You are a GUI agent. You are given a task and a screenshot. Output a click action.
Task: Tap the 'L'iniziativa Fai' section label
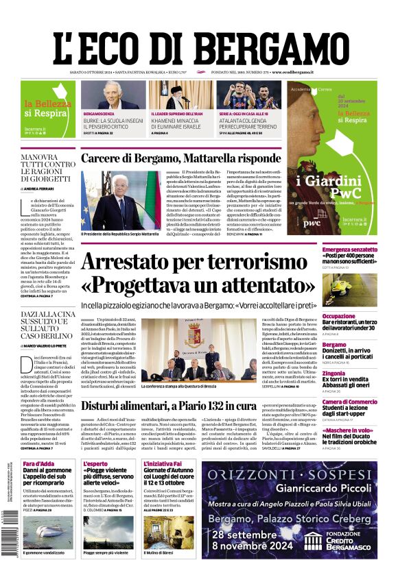(x=163, y=464)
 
